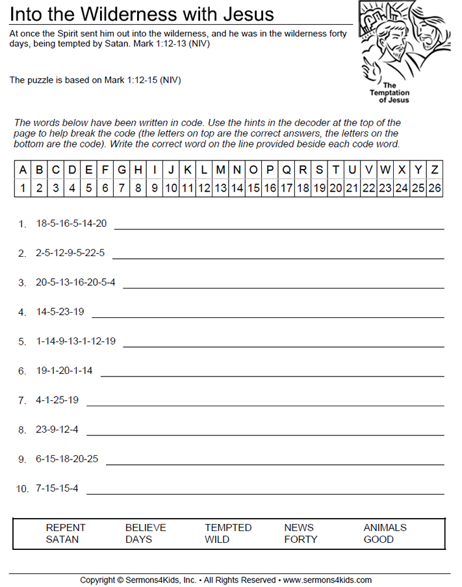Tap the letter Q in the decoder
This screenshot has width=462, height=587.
(287, 170)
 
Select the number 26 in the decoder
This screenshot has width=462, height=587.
(435, 189)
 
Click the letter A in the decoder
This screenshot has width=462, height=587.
(23, 170)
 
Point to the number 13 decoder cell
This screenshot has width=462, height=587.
(220, 189)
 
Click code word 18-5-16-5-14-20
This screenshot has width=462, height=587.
(71, 223)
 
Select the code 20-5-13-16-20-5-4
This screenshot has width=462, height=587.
(76, 282)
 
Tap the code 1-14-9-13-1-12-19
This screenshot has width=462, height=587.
(76, 341)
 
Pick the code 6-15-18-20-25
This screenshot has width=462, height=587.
(67, 458)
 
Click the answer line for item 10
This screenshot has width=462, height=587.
(265, 494)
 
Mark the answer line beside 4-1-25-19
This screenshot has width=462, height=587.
(265, 406)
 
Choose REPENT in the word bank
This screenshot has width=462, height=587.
(66, 527)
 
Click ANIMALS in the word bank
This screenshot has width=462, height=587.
(385, 527)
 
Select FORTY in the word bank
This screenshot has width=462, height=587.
(301, 539)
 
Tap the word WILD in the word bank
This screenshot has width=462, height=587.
(217, 539)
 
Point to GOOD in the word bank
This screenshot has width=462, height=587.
(378, 539)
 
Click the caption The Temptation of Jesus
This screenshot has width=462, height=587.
(390, 93)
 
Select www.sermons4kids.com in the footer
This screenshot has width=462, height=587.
(327, 580)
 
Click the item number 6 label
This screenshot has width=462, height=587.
(22, 371)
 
